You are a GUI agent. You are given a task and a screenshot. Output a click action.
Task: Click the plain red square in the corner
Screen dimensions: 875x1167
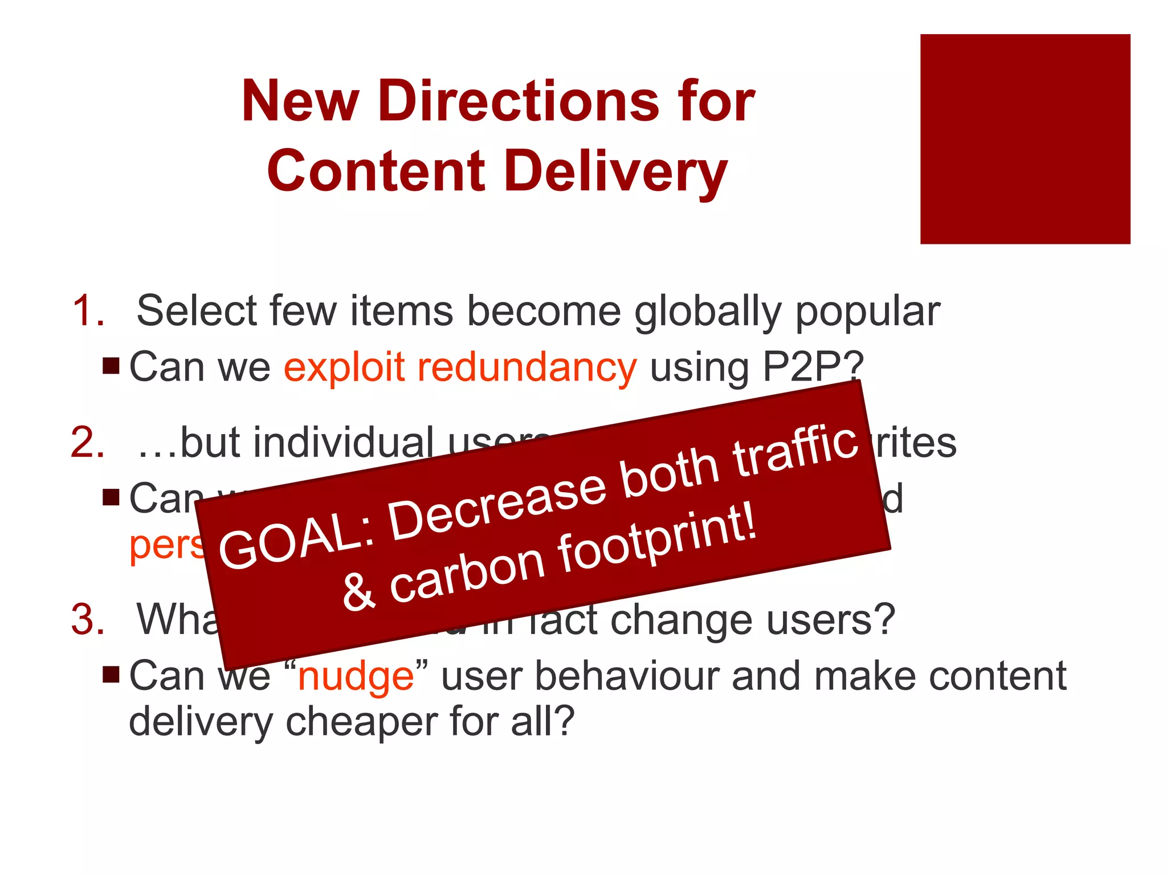1025,139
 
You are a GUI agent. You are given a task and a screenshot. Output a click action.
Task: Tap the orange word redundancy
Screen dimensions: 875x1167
527,367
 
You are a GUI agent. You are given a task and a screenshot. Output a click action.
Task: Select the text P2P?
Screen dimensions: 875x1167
813,367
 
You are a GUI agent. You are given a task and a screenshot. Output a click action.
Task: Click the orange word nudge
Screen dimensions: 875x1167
356,677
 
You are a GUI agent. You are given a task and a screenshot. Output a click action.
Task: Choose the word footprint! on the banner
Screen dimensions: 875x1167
658,541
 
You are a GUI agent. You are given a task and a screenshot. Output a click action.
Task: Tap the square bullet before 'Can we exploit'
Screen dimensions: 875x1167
111,366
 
